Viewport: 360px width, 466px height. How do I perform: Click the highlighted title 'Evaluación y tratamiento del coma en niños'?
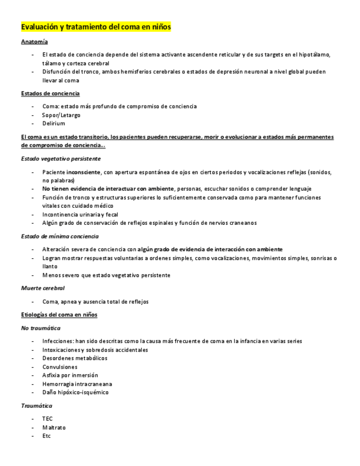tap(96, 26)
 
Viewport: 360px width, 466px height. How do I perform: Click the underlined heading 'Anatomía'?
tap(34, 42)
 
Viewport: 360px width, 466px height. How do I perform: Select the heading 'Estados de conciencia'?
tap(50, 93)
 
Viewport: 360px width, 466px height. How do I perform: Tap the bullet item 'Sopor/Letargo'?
tap(61, 115)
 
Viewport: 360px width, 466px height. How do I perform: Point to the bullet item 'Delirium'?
tap(53, 124)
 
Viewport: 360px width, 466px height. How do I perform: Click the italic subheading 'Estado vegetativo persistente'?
tap(60, 158)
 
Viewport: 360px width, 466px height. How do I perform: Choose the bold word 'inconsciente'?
tap(83, 172)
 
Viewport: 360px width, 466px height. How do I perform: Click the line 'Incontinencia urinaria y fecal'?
tap(80, 214)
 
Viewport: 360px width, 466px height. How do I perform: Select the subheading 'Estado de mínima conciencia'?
tap(59, 236)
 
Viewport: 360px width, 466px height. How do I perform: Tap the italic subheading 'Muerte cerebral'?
tap(42, 288)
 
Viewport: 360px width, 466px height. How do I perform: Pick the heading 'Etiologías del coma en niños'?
tap(59, 314)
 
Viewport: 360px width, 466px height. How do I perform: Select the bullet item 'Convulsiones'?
tap(59, 367)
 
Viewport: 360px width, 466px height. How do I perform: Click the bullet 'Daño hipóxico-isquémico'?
tap(75, 392)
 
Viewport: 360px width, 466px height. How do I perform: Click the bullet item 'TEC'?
tap(47, 419)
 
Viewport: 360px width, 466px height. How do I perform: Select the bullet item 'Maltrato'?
tap(53, 427)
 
